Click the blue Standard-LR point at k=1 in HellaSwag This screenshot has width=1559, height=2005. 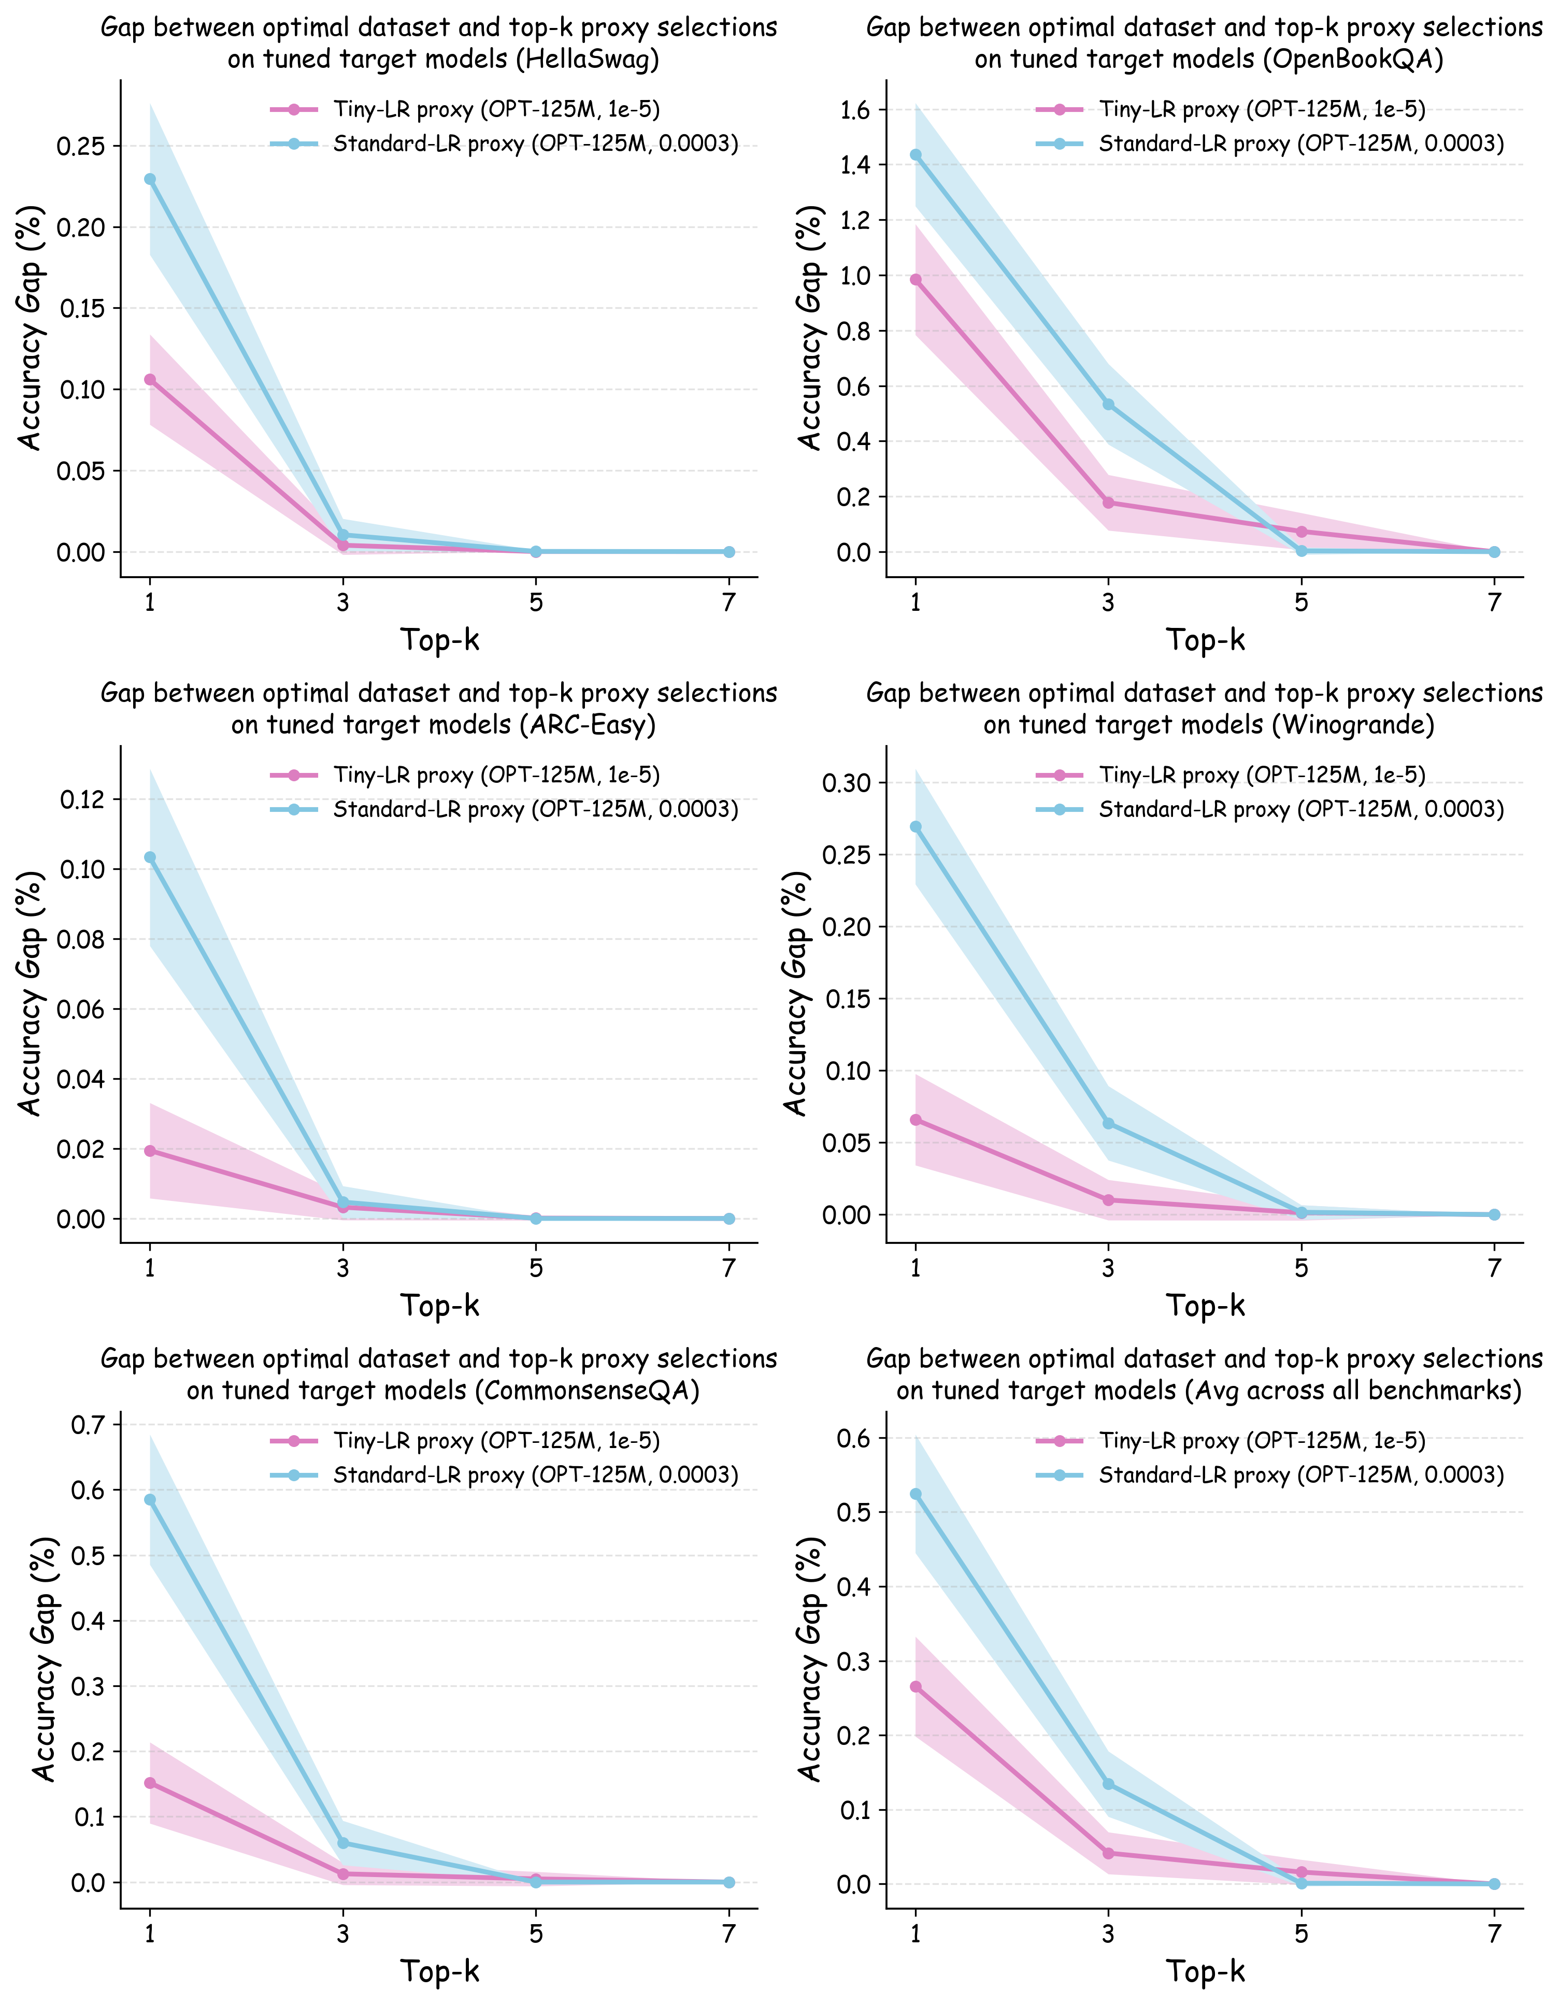point(150,179)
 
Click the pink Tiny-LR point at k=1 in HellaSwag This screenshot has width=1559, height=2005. point(150,379)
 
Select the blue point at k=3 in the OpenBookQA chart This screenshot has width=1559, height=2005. point(1108,405)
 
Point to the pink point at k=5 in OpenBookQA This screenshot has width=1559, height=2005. point(1301,532)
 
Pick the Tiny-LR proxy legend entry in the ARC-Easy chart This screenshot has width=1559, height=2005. point(496,776)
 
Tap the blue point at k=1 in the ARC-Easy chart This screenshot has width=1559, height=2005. point(150,857)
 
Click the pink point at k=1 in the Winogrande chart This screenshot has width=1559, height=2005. point(916,1120)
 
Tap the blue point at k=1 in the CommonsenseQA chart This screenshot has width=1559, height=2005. point(150,1500)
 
